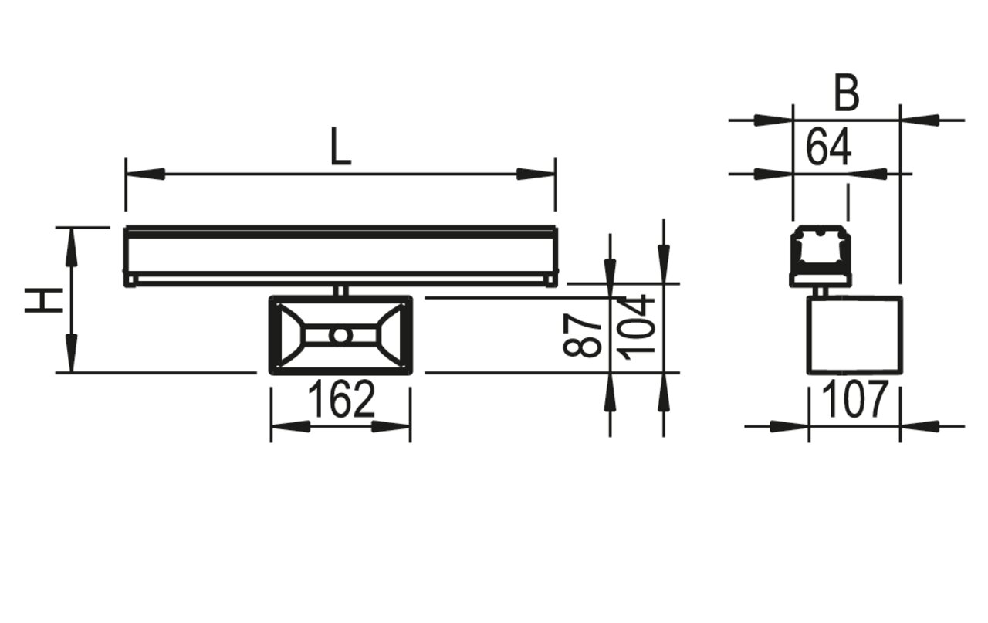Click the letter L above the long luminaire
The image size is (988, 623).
click(x=340, y=146)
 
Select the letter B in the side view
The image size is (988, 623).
click(x=847, y=93)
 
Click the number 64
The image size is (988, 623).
click(x=828, y=147)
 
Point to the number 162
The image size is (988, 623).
click(x=341, y=400)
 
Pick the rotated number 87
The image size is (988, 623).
click(x=582, y=335)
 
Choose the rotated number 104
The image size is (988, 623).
click(x=635, y=327)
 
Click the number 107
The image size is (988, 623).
click(x=854, y=400)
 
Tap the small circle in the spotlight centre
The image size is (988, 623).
click(x=340, y=335)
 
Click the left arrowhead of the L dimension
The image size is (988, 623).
click(x=146, y=174)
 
